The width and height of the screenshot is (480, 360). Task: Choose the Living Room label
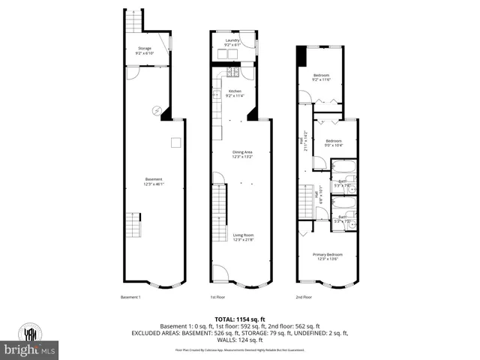tap(242, 238)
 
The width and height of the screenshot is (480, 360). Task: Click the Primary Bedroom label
tap(326, 257)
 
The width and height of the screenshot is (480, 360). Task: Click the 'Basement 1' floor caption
tap(131, 298)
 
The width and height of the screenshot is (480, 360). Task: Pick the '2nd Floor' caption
tap(304, 298)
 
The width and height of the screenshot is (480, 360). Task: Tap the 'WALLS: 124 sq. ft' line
tap(240, 340)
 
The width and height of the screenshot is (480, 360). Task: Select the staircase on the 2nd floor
tap(306, 202)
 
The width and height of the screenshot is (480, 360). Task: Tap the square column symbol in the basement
tap(174, 142)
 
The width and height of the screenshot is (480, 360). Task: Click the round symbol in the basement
tap(157, 109)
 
